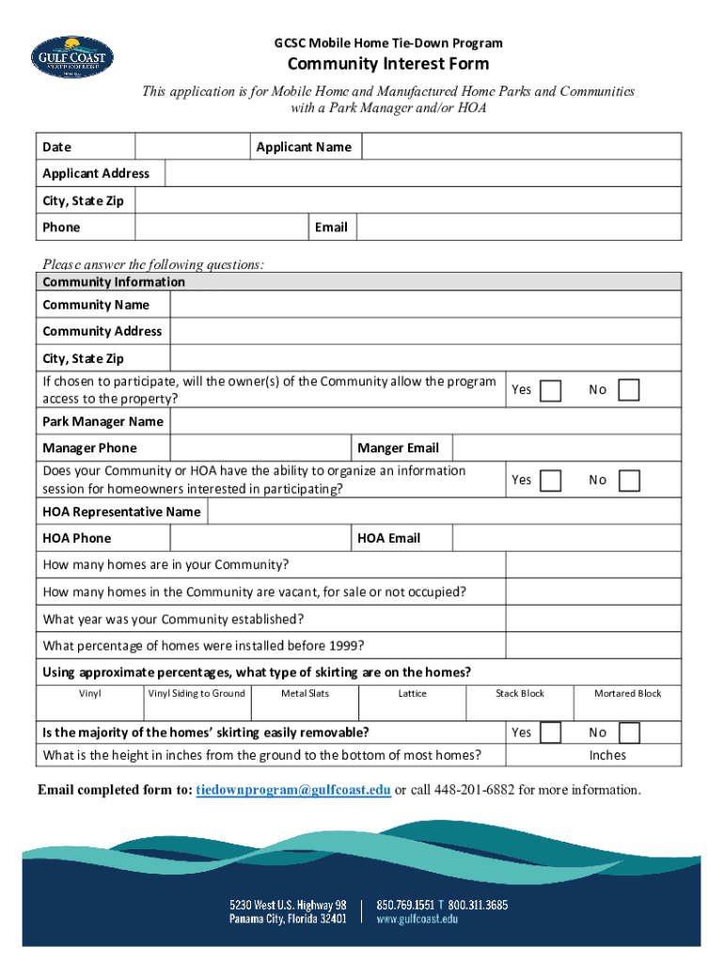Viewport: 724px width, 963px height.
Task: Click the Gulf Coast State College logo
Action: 72,59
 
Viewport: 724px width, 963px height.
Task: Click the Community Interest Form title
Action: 387,64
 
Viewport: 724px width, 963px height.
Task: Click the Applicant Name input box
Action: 521,147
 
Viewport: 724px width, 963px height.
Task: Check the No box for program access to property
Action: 629,390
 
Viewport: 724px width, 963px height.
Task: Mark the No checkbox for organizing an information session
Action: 629,481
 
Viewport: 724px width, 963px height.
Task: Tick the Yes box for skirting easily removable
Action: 551,733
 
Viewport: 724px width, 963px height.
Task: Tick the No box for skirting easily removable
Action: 629,733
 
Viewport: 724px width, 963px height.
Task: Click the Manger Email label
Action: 399,449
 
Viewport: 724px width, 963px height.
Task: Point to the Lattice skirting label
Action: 412,694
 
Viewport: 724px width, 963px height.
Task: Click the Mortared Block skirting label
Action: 627,694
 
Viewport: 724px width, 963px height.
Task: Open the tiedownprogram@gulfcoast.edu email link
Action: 293,790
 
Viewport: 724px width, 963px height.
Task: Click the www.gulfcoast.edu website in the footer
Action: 417,920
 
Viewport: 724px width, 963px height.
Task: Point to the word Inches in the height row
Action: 607,755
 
